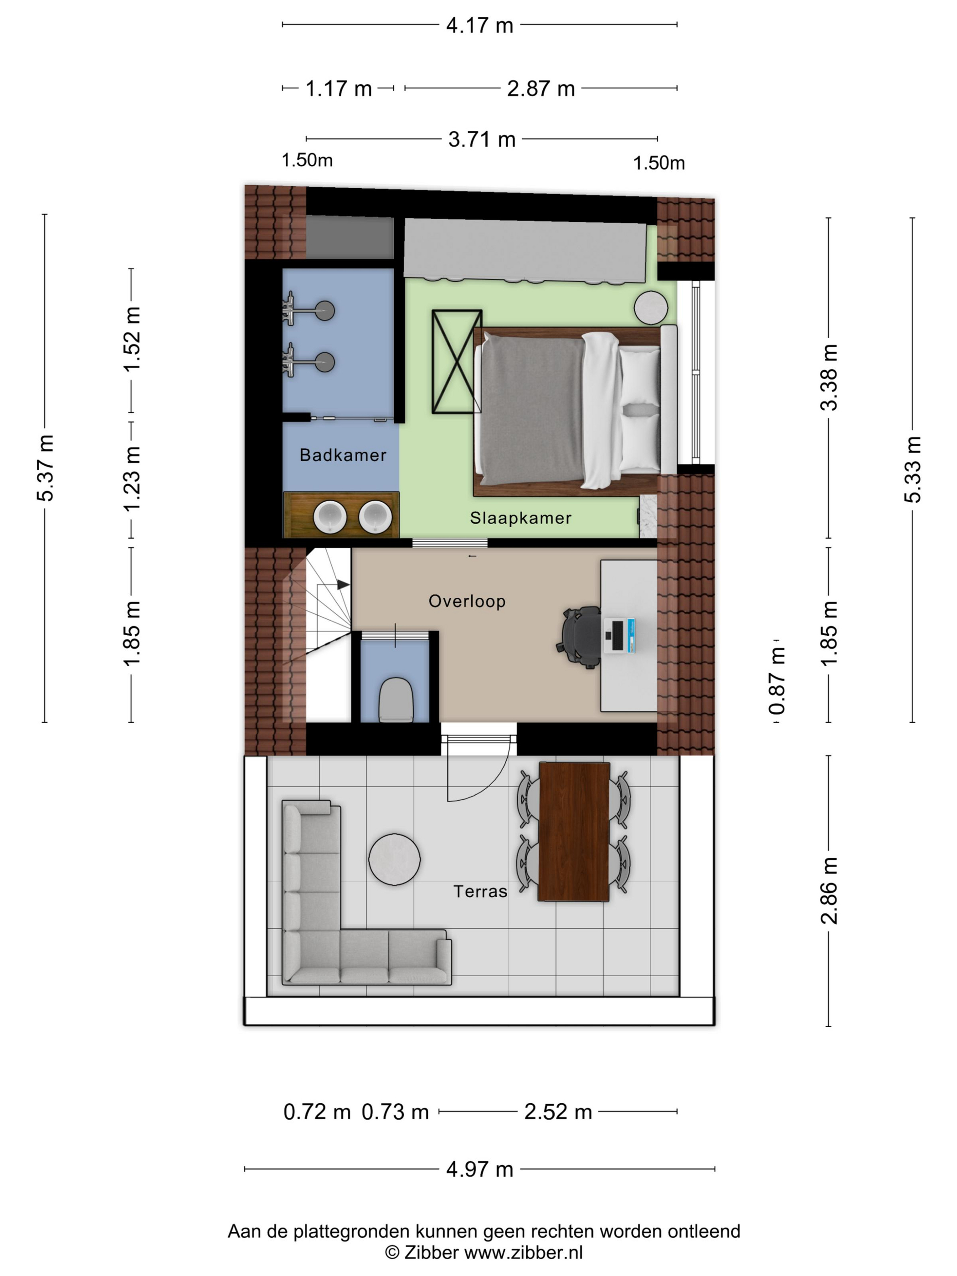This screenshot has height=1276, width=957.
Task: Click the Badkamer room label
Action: pyautogui.click(x=343, y=455)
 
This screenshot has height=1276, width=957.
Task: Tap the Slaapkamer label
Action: pyautogui.click(x=520, y=518)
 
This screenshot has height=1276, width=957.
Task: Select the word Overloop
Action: pyautogui.click(x=467, y=601)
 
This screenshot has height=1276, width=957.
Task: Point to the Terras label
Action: pyautogui.click(x=480, y=891)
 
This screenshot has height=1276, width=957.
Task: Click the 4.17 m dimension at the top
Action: pyautogui.click(x=479, y=26)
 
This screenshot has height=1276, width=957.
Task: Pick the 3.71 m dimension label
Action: pyautogui.click(x=482, y=139)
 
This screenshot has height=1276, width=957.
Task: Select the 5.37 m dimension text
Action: pyautogui.click(x=45, y=468)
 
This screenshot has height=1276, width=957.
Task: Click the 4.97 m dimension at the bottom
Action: pyautogui.click(x=479, y=1169)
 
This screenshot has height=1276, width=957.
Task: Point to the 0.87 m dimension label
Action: pyautogui.click(x=777, y=681)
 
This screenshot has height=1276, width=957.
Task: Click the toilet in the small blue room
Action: pyautogui.click(x=395, y=700)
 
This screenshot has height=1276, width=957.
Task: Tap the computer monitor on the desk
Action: pyautogui.click(x=619, y=636)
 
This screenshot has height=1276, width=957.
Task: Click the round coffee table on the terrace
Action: pyautogui.click(x=395, y=859)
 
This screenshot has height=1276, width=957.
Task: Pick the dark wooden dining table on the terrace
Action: pyautogui.click(x=573, y=831)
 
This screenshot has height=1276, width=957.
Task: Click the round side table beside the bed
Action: pyautogui.click(x=651, y=308)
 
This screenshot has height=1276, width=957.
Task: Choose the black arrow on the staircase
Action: pyautogui.click(x=343, y=585)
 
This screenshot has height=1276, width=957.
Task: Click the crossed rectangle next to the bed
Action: pyautogui.click(x=457, y=362)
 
